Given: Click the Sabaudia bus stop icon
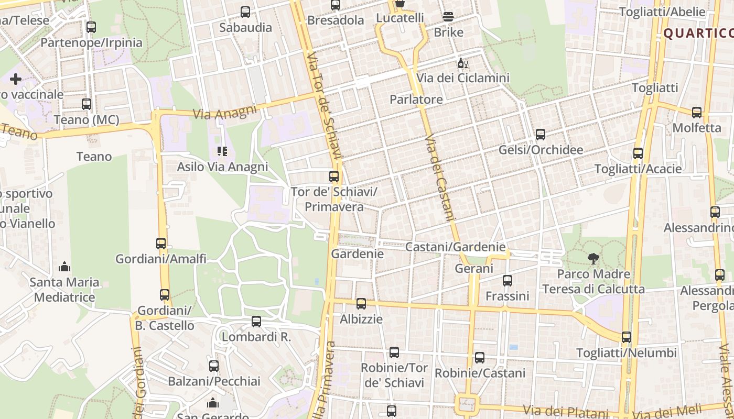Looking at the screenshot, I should [x=245, y=12].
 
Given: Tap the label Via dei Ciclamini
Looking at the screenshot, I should [x=463, y=78].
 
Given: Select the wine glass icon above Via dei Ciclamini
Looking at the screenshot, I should [x=462, y=63].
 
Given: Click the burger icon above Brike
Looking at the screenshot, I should [x=448, y=17].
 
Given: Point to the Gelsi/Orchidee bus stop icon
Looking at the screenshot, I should [x=541, y=135].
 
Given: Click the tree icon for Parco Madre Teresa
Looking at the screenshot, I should [x=593, y=258].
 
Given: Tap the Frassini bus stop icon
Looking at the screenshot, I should [x=507, y=281].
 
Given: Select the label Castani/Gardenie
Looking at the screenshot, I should [x=456, y=247].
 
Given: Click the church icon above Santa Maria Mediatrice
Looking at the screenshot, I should [x=64, y=267].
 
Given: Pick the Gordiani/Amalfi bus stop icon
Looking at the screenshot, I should [x=161, y=244].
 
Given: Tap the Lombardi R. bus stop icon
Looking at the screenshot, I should [x=256, y=322].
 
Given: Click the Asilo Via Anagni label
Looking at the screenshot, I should [x=222, y=167].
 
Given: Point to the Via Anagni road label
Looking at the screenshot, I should [x=225, y=112].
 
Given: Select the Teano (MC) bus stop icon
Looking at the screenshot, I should [x=87, y=104].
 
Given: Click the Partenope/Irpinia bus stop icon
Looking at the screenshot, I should [x=91, y=27].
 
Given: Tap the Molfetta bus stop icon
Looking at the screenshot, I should [x=697, y=113].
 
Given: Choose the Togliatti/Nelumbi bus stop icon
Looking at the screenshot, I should [x=627, y=337].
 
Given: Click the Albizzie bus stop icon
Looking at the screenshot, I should [x=361, y=304].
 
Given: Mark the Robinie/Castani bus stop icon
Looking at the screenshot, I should [x=480, y=358].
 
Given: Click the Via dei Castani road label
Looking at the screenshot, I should [x=442, y=178].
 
